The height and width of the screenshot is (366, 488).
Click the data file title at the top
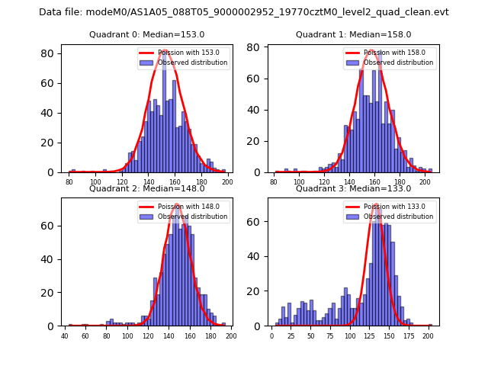244,12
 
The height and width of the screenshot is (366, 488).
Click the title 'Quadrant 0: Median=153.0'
147,34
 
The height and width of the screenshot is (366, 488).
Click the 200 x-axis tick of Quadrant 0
227,181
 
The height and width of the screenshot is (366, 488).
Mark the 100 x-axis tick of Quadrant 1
300,181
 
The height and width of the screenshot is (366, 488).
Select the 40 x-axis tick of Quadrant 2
64,335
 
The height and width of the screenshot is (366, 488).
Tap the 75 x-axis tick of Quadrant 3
330,335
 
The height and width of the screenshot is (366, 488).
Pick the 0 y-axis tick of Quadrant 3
260,326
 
